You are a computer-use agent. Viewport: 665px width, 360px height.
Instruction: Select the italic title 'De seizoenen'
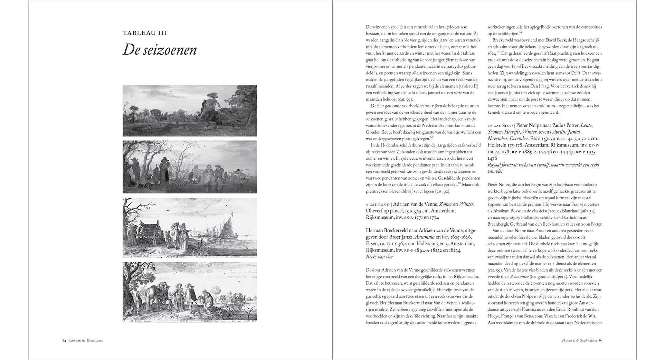(x=160, y=50)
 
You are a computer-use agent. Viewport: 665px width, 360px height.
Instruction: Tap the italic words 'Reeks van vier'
(x=379, y=257)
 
